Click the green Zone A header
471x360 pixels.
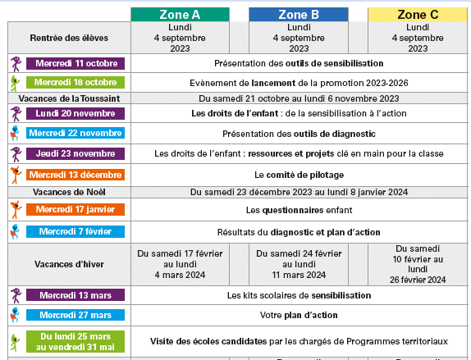pos(179,14)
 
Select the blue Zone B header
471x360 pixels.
pos(299,14)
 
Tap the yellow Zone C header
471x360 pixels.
pos(418,14)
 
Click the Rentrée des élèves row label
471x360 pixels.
pos(68,38)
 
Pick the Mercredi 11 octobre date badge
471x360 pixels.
pos(75,63)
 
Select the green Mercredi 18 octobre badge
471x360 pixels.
pos(75,82)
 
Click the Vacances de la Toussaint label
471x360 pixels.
pos(69,98)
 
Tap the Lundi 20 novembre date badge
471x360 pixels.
pos(75,113)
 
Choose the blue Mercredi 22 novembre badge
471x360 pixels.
pos(75,134)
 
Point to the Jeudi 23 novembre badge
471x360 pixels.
pos(75,153)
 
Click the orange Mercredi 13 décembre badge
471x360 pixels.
pos(75,174)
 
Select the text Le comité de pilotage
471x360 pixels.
pos(299,175)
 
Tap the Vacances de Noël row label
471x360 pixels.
pos(69,193)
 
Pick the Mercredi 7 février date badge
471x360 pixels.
pos(75,231)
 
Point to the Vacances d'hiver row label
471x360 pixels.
pos(69,265)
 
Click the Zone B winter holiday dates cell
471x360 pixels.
pos(299,265)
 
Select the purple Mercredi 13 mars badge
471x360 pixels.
pos(75,294)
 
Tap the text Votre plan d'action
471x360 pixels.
pos(299,315)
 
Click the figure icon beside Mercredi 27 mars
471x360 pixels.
pos(15,315)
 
